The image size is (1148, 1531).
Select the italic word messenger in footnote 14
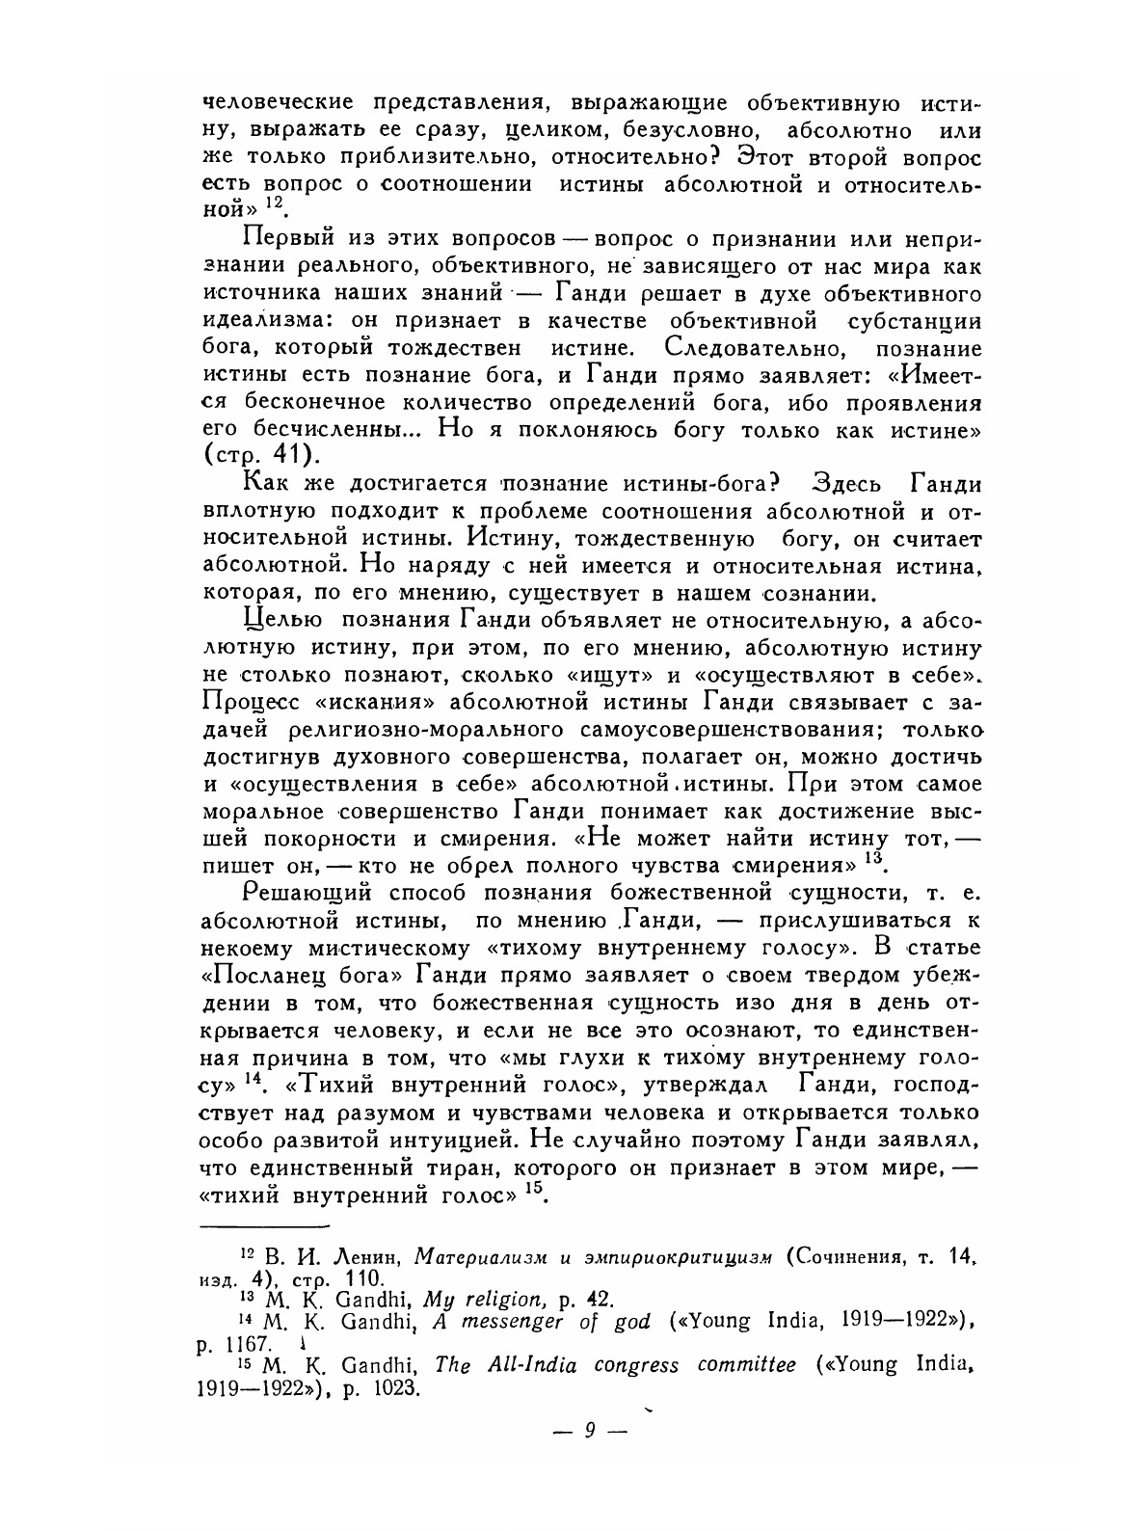click(x=510, y=1322)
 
